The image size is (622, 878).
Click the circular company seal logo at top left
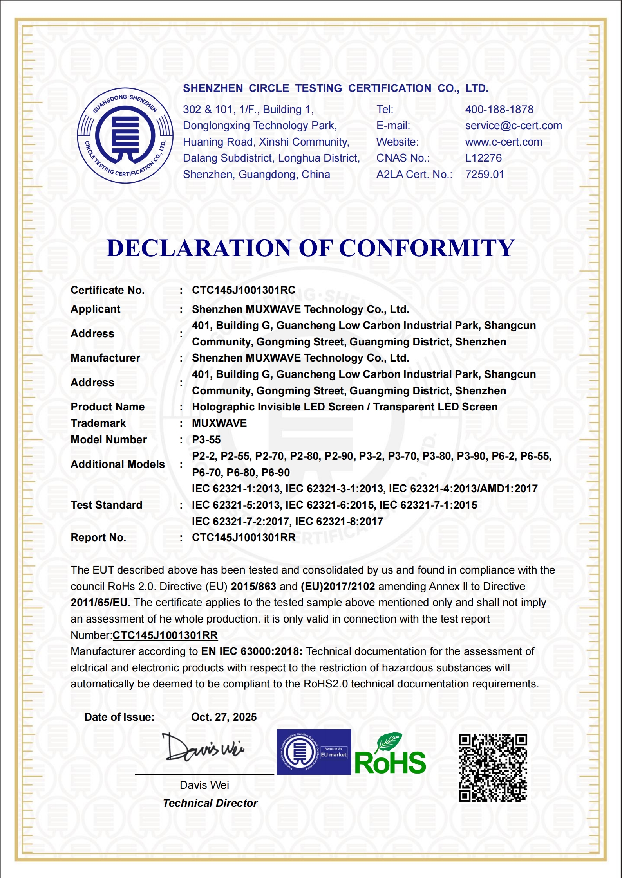pos(125,135)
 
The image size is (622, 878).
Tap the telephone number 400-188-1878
pos(499,110)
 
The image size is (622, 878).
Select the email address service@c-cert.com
pos(513,126)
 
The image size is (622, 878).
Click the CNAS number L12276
pos(483,158)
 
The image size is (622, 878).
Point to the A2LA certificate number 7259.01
pos(485,175)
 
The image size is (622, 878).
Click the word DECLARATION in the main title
pos(199,248)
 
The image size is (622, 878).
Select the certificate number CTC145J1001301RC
pos(244,290)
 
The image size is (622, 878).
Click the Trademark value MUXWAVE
pos(219,423)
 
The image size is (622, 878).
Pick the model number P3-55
pos(206,440)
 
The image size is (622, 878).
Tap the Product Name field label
pos(108,407)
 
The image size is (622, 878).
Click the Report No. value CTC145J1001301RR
pos(244,538)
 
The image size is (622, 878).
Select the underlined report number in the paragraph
pos(165,635)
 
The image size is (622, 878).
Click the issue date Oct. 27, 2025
pos(224,717)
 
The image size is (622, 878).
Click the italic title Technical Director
pos(210,803)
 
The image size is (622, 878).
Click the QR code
pos(493,768)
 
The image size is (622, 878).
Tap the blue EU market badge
pos(314,752)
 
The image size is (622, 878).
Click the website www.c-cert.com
pos(504,142)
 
